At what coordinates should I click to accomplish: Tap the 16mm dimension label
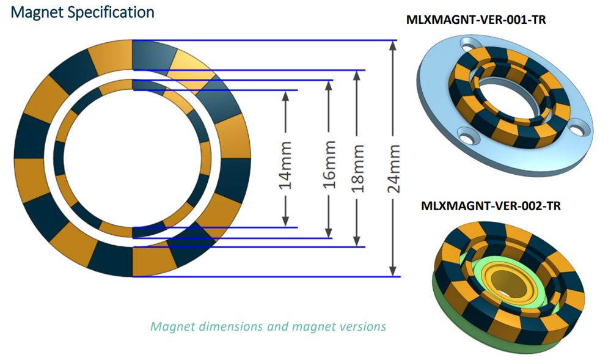[x=329, y=164]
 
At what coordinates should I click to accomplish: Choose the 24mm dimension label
[x=394, y=168]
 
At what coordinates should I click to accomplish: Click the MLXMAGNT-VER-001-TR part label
[x=476, y=20]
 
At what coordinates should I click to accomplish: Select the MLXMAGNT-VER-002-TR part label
[x=491, y=206]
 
